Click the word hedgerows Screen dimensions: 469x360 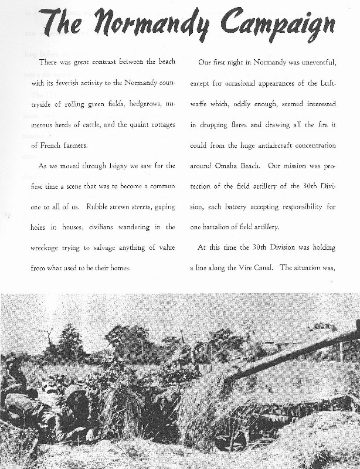click(130, 104)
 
